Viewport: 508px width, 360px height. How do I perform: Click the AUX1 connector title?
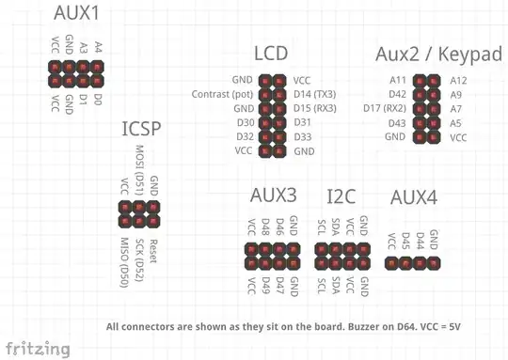coord(78,14)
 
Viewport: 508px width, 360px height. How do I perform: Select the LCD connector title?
coord(271,55)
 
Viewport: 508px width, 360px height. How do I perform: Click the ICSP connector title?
coord(143,130)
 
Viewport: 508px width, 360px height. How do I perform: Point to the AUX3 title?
coord(274,196)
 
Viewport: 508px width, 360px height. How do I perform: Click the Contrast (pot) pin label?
coord(221,95)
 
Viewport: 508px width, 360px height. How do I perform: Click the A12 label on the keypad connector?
coord(460,81)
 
